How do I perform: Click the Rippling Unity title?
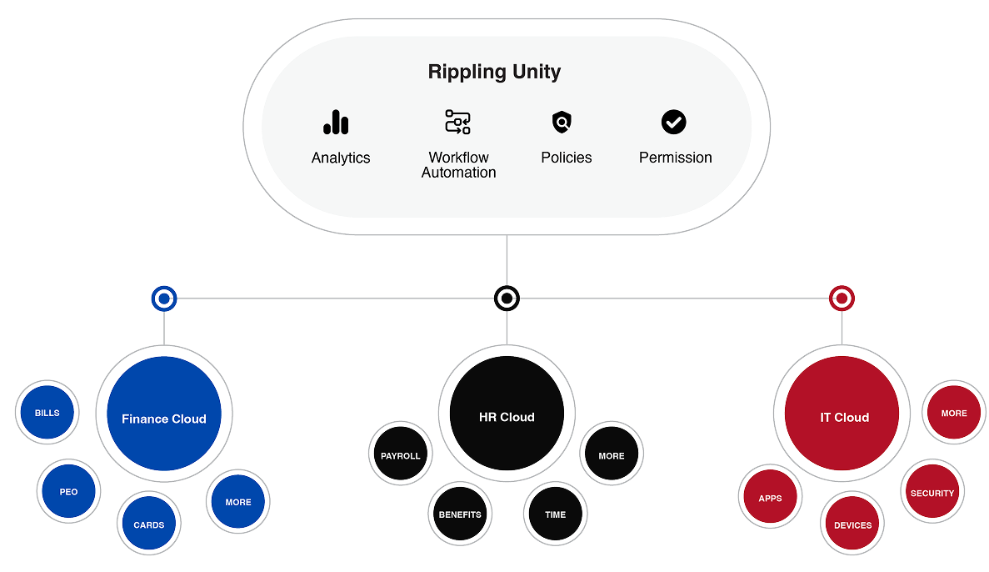[494, 72]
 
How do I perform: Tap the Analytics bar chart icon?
[336, 123]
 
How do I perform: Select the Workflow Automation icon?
[457, 123]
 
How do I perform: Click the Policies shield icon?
[562, 123]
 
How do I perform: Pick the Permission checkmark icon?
[673, 123]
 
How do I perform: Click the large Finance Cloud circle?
[164, 418]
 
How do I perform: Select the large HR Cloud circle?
[507, 416]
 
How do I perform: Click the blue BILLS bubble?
[47, 413]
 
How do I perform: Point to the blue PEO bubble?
[68, 492]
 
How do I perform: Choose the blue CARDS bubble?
[149, 524]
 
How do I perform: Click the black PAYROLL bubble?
[401, 456]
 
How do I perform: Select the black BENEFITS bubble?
[461, 514]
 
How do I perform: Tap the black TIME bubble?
[556, 514]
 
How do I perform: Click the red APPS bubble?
[770, 499]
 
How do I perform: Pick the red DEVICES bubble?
[852, 525]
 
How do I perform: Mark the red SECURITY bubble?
[932, 493]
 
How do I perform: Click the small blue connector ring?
[164, 298]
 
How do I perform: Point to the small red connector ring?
[842, 298]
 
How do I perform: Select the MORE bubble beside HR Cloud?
[612, 456]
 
